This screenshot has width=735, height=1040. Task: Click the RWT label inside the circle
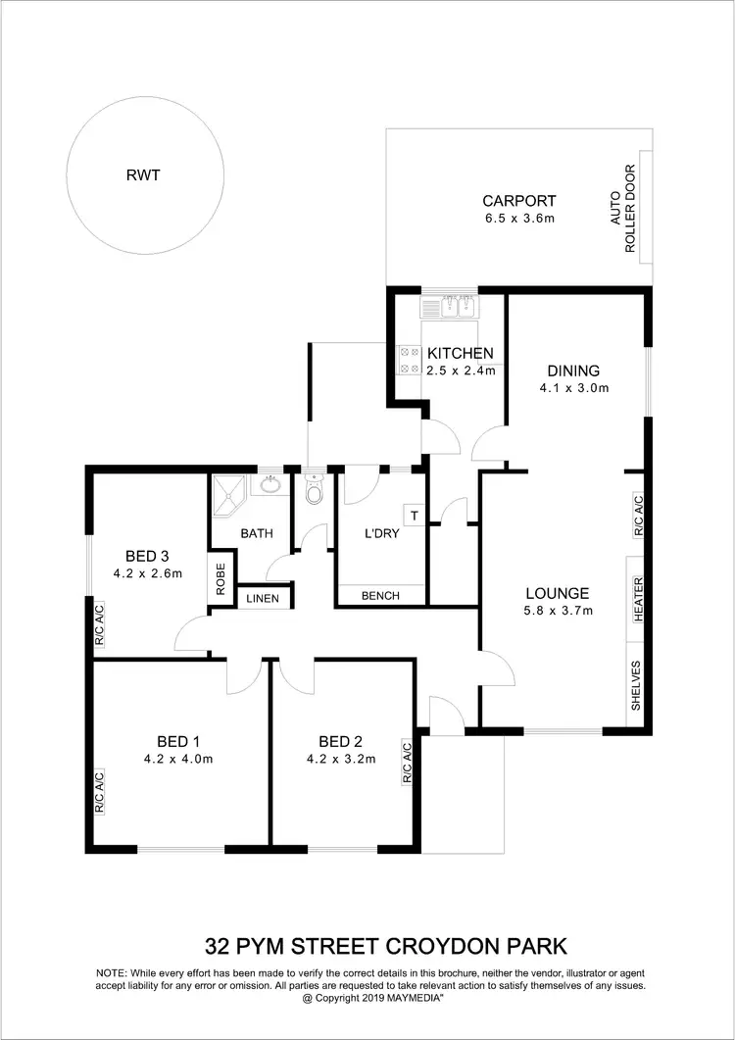142,176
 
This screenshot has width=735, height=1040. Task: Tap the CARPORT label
518,201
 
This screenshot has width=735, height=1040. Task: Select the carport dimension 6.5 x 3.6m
518,219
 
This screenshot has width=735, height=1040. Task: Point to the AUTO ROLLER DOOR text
623,223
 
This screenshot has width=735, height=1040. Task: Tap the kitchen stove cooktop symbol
408,361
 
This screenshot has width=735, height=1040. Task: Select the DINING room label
573,371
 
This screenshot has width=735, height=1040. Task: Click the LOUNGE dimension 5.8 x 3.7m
558,611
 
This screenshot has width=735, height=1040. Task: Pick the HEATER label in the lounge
637,599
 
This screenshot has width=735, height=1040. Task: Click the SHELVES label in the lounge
637,685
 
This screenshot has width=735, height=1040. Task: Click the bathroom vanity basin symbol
269,484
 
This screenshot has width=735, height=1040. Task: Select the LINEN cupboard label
263,598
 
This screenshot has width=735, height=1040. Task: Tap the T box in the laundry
414,515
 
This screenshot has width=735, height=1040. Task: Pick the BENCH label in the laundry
380,595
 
